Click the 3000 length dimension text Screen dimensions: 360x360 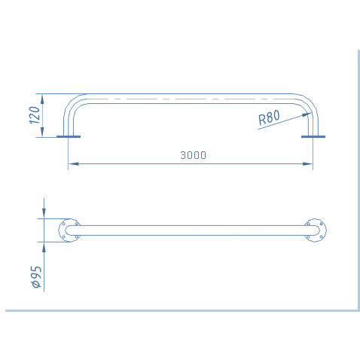tap(193, 155)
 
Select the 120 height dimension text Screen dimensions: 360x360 tap(35, 115)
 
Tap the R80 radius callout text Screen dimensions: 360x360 tap(269, 117)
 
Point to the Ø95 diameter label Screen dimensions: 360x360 tap(36, 277)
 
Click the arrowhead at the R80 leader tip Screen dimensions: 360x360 tap(307, 114)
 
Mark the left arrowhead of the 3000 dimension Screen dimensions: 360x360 tap(74, 164)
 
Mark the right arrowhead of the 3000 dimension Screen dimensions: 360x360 tap(307, 164)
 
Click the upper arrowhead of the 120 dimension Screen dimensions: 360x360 tap(42, 99)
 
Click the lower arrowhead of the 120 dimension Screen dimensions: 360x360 tap(42, 132)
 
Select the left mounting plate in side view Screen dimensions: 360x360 tap(69, 137)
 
